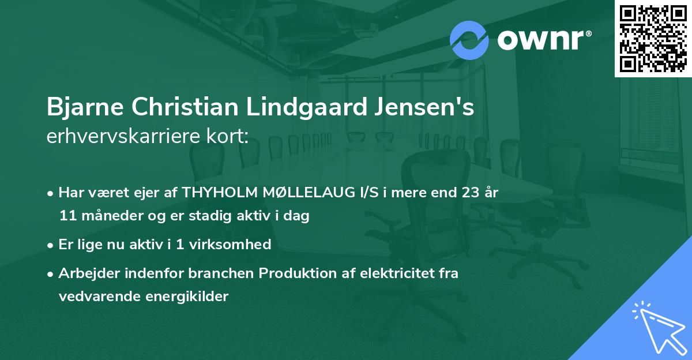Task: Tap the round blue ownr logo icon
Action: click(x=469, y=40)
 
